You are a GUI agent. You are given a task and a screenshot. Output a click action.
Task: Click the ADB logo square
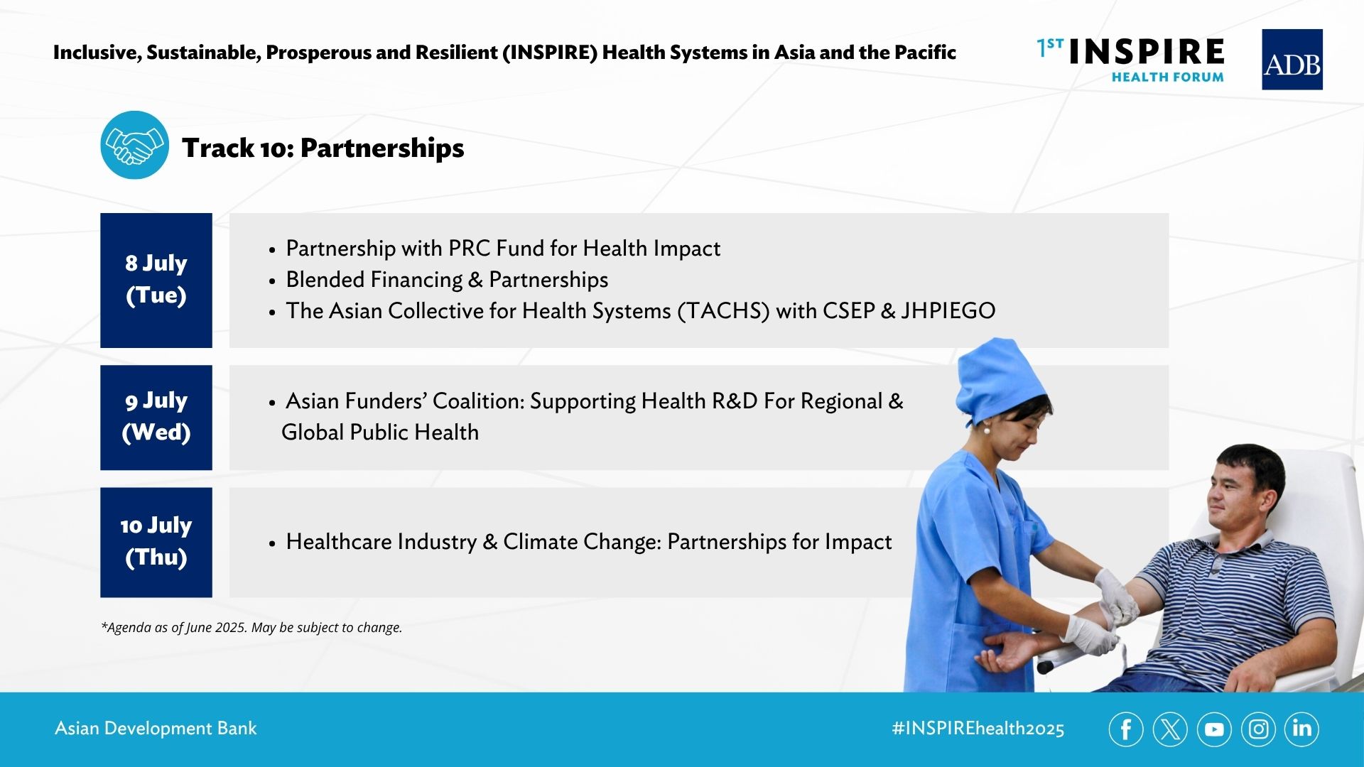pos(1292,59)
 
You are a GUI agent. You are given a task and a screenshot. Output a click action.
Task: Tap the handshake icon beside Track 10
pos(135,145)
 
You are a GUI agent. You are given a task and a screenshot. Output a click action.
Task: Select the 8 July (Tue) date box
pos(156,280)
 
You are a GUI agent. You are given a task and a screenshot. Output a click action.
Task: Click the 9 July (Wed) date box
pos(156,418)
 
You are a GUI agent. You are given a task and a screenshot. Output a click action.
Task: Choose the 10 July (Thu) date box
pos(156,542)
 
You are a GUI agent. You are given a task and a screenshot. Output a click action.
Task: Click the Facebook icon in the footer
pos(1126,729)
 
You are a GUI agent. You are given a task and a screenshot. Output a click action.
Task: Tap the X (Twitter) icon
pos(1170,729)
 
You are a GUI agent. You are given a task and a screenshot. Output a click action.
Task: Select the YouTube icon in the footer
pos(1214,729)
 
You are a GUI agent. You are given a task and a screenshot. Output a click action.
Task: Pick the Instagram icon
pos(1258,729)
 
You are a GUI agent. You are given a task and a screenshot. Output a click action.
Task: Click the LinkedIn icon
pos(1301,729)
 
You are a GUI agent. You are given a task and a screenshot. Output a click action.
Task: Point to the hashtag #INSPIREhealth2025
pos(978,729)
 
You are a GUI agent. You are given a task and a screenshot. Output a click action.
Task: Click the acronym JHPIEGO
pos(948,311)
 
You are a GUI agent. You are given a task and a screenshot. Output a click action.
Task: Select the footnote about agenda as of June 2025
pos(251,628)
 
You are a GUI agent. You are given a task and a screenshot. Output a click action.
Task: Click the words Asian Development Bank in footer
pos(156,729)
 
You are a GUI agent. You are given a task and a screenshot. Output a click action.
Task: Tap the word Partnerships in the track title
pos(382,148)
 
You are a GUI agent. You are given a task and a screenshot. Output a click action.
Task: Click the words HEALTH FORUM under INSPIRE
pos(1168,77)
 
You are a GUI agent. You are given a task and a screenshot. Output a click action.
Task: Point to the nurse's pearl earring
pos(986,429)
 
